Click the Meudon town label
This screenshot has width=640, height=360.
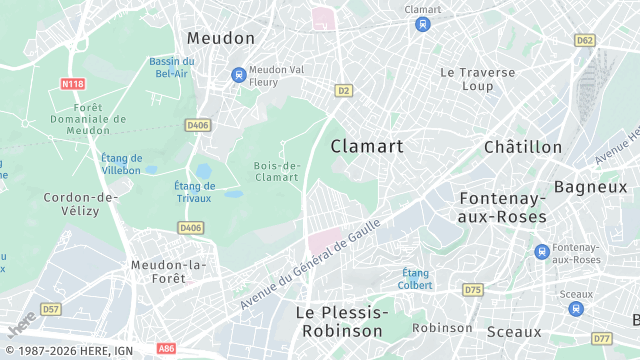[x=221, y=37]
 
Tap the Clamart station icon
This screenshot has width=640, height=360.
[x=423, y=25]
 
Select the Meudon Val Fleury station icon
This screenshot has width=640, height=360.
[x=238, y=74]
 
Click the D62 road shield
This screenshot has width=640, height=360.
[x=585, y=40]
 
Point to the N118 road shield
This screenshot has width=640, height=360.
[x=71, y=83]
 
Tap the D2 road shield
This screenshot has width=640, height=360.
[x=343, y=90]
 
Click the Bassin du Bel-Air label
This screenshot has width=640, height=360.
[x=171, y=67]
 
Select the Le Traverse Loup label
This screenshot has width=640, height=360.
[x=478, y=79]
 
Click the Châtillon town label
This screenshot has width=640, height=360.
[x=523, y=147]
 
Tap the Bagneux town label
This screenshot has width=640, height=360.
[x=590, y=186]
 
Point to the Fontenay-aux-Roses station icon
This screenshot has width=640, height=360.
[x=541, y=251]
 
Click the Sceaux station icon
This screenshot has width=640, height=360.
[x=576, y=309]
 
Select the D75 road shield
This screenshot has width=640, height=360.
[x=473, y=290]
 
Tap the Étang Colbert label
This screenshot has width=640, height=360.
[x=417, y=279]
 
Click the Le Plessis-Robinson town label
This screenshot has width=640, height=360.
[x=340, y=321]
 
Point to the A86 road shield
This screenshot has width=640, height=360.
[x=167, y=349]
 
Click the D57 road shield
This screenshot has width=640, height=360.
[x=51, y=308]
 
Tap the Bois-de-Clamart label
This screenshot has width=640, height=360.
[x=277, y=171]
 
